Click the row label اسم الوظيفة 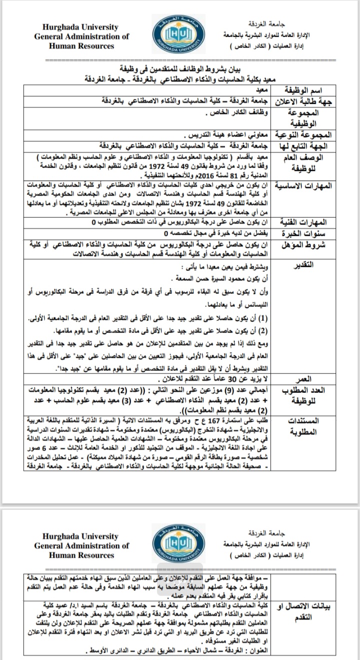[x=305, y=91]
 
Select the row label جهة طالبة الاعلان [x=305, y=102]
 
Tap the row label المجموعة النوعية [x=304, y=136]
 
